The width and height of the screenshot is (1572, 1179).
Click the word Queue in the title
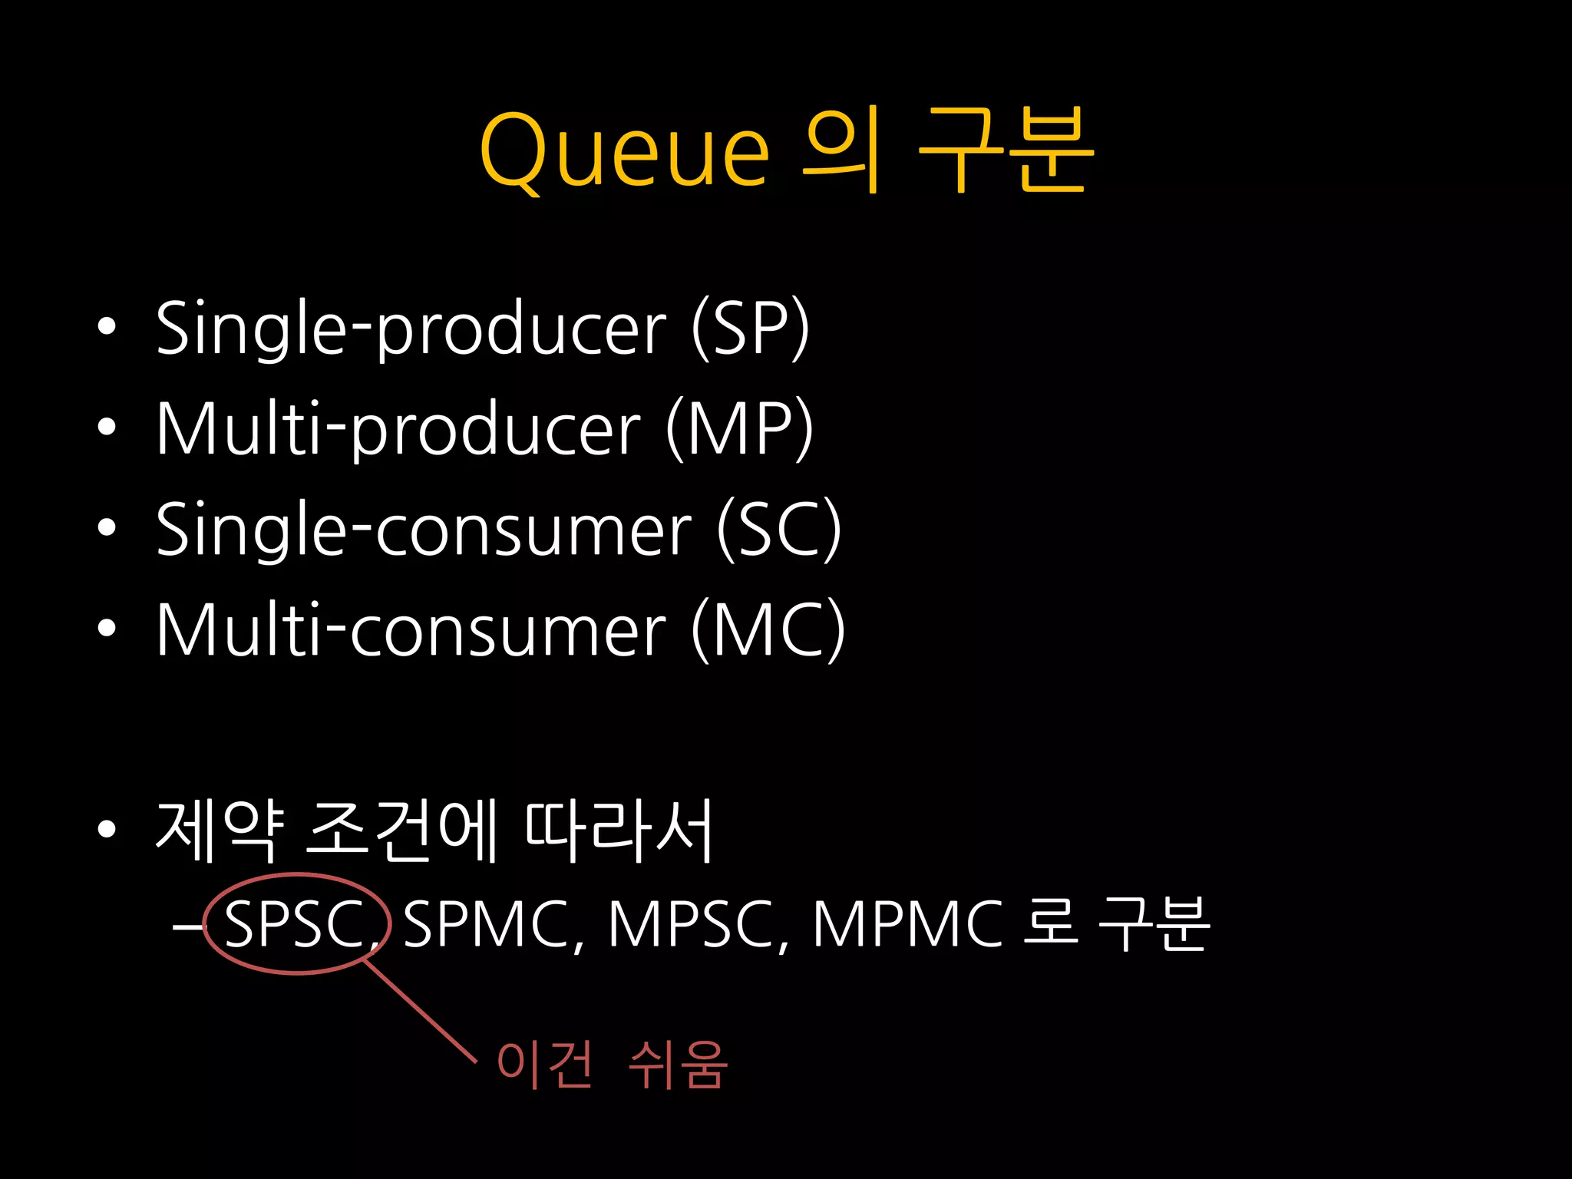(623, 150)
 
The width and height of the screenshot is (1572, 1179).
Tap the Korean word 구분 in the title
(1006, 150)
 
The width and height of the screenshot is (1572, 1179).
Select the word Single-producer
(411, 328)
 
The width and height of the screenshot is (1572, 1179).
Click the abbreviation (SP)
(750, 328)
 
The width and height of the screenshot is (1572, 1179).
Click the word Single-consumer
(424, 530)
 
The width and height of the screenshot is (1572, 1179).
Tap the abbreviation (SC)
(778, 530)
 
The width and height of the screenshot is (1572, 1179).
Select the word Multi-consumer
(411, 630)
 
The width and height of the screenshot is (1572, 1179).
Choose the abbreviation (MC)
(768, 630)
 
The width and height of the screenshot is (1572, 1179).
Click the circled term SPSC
(294, 924)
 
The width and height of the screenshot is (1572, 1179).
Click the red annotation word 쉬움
(677, 1065)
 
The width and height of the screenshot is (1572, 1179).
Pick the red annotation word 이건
(544, 1065)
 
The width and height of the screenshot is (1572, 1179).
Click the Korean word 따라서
(619, 831)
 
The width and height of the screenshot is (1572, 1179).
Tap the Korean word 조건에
(401, 831)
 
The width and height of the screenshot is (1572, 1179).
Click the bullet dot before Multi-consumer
(107, 629)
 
